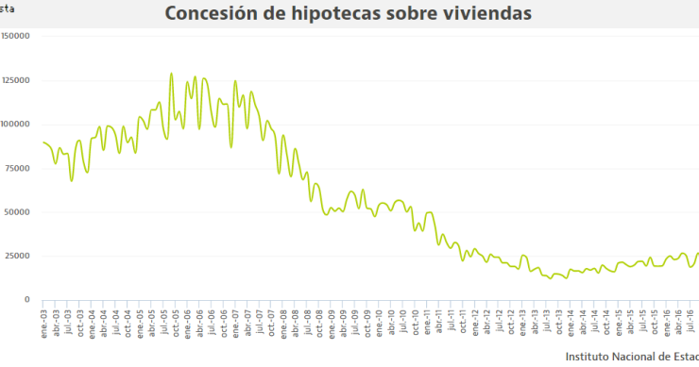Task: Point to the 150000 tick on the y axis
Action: [x=17, y=36]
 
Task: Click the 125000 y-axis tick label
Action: [x=17, y=80]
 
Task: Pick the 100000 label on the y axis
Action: [x=17, y=124]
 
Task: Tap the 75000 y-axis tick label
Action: [x=20, y=168]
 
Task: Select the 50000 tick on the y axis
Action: [x=20, y=211]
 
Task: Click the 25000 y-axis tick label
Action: [x=20, y=256]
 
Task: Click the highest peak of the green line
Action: [x=171, y=74]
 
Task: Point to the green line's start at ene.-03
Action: [x=43, y=142]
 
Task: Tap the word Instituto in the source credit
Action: [x=589, y=357]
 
